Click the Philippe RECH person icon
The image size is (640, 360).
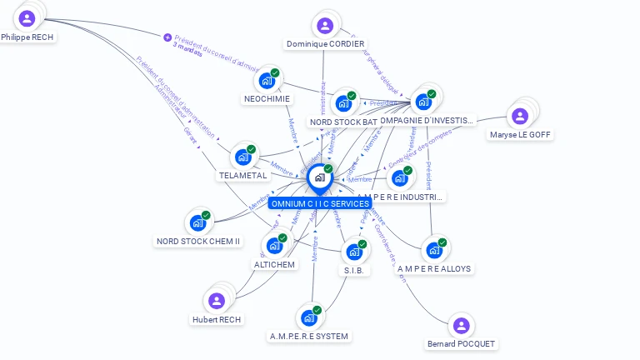[x=27, y=17]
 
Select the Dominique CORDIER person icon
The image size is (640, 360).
[x=325, y=26]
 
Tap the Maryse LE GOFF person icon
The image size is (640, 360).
[x=520, y=116]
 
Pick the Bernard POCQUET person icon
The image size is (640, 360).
[x=461, y=326]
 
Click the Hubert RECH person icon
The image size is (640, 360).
[x=217, y=301]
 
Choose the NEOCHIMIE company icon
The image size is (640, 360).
[x=267, y=81]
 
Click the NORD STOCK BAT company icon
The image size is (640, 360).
[x=343, y=104]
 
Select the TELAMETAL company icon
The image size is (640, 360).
[x=242, y=157]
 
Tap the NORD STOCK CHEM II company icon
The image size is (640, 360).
[x=197, y=222]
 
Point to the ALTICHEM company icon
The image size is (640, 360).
[x=273, y=246]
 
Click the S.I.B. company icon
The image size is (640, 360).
[x=354, y=252]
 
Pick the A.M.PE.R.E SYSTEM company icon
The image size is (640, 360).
[x=308, y=317]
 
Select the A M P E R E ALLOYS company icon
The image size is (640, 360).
[x=433, y=249]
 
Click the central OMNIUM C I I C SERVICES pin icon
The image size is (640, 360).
[x=319, y=177]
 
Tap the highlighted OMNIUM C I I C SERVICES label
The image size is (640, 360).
[x=319, y=203]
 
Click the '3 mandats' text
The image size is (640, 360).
[x=187, y=46]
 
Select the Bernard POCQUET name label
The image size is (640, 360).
[x=461, y=344]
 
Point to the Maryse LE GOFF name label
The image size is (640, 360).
[x=520, y=134]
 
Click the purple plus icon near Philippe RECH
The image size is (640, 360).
[x=167, y=37]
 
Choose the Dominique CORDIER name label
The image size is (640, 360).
[x=325, y=44]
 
